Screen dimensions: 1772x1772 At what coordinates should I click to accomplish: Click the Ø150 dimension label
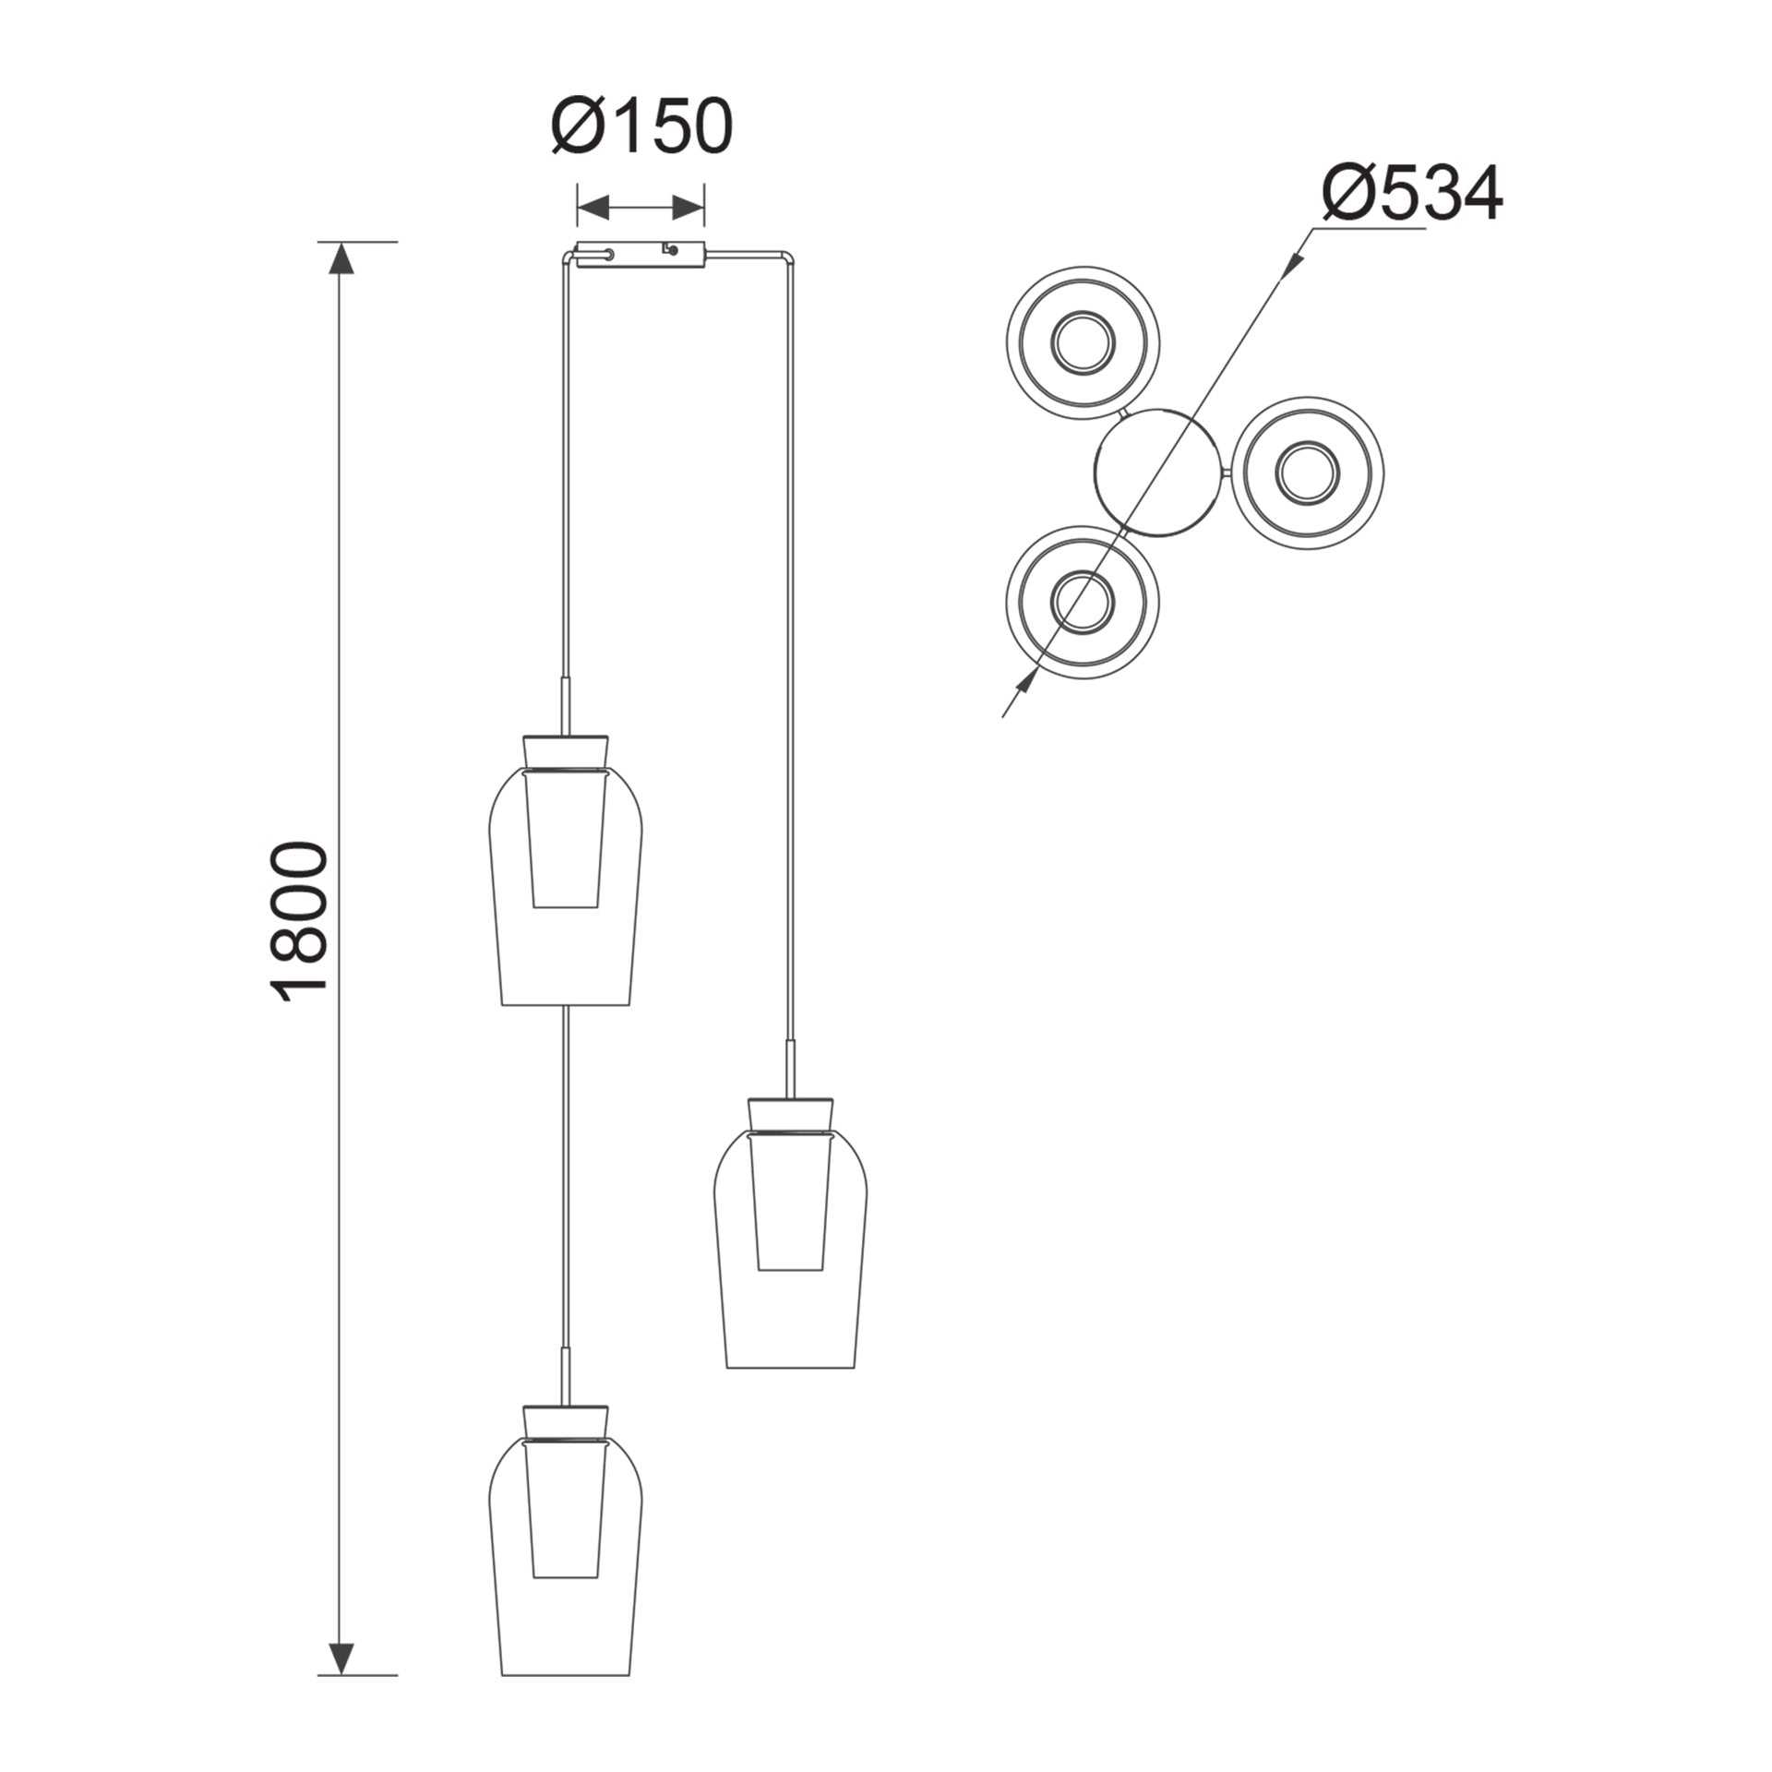[x=642, y=126]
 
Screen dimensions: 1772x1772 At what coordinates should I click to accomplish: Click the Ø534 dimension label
[x=1413, y=194]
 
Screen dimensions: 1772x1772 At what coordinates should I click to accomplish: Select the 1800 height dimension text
[x=299, y=920]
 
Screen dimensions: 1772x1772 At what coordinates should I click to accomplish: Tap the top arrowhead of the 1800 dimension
[x=341, y=257]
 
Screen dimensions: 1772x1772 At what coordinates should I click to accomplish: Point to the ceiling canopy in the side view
[x=641, y=254]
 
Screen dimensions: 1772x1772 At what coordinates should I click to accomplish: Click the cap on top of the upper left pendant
[x=566, y=751]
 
